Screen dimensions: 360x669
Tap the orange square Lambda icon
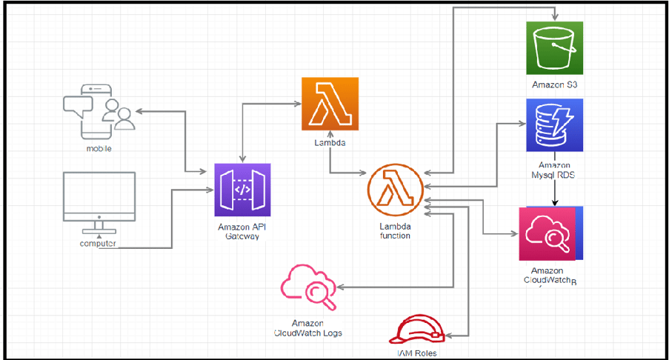coord(330,104)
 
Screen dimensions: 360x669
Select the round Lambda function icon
coord(395,191)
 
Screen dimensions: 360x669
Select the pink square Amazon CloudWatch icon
coord(547,233)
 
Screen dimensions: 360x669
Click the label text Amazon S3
coord(554,85)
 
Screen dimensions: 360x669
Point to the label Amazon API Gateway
coord(242,230)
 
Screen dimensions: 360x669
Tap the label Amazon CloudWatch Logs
coord(308,328)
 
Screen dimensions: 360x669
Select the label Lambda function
coord(395,230)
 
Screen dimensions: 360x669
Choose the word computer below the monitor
coord(99,244)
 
